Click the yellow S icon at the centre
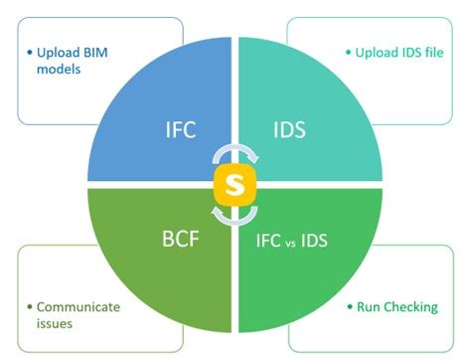[x=234, y=187]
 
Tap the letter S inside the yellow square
[x=234, y=187]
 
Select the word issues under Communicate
[x=55, y=323]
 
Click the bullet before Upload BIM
[x=31, y=50]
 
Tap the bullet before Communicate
[x=31, y=306]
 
